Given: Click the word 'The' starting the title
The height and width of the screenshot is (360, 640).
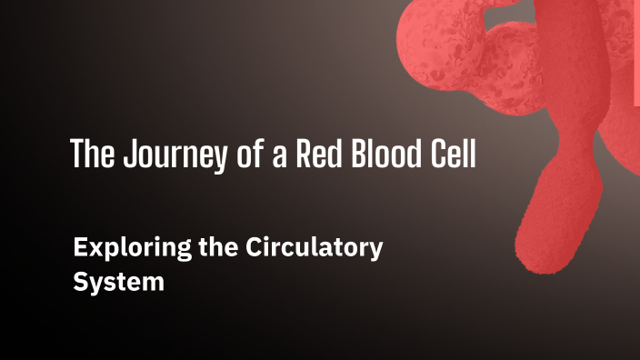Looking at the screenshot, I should tap(90, 155).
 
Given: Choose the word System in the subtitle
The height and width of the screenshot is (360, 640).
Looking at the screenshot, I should tap(118, 281).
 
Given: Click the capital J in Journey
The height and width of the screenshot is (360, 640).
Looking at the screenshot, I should tap(122, 155).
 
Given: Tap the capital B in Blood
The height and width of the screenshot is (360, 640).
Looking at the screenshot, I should tap(353, 155).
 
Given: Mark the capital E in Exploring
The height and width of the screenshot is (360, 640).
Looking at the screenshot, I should tap(79, 246).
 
